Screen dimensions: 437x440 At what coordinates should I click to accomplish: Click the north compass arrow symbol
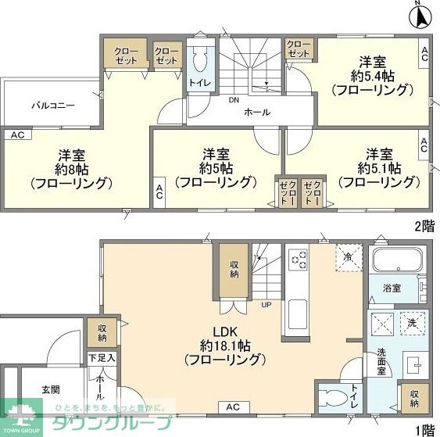pos(420,13)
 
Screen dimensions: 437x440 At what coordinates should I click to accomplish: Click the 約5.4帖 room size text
pos(372,76)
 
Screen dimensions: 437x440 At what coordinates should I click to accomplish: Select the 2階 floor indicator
pos(423,226)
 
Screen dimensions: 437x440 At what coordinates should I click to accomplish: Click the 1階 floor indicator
pos(423,428)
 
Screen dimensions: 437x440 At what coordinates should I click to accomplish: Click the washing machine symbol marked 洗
pos(412,321)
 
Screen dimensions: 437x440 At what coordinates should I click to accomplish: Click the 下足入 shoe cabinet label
pos(102,358)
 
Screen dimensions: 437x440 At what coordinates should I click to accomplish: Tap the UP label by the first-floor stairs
pos(267,304)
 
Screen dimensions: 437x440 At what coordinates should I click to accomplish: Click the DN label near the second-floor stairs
pos(234,100)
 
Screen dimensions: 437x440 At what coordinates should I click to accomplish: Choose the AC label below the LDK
pos(233,407)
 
